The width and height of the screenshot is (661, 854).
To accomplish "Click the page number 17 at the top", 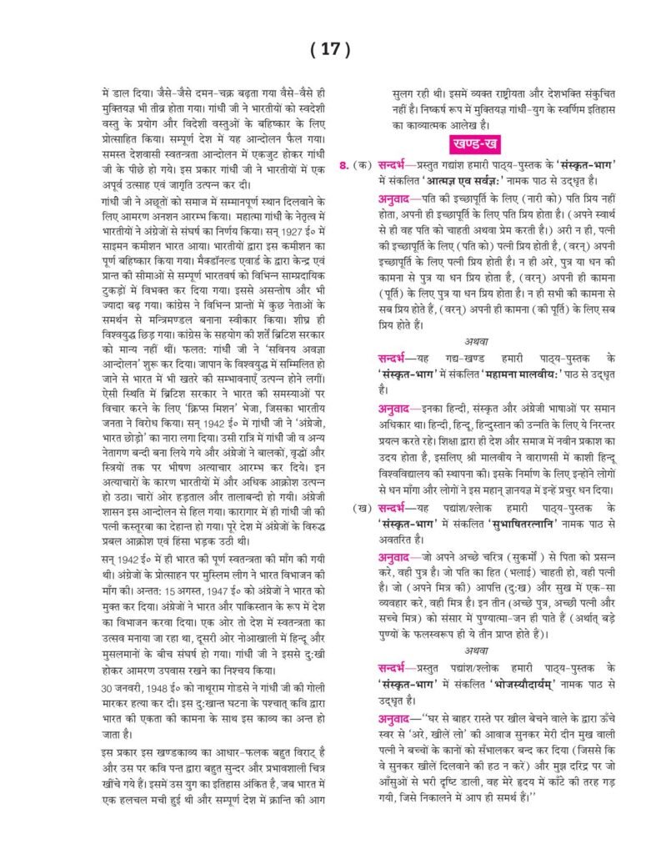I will coord(330,49).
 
